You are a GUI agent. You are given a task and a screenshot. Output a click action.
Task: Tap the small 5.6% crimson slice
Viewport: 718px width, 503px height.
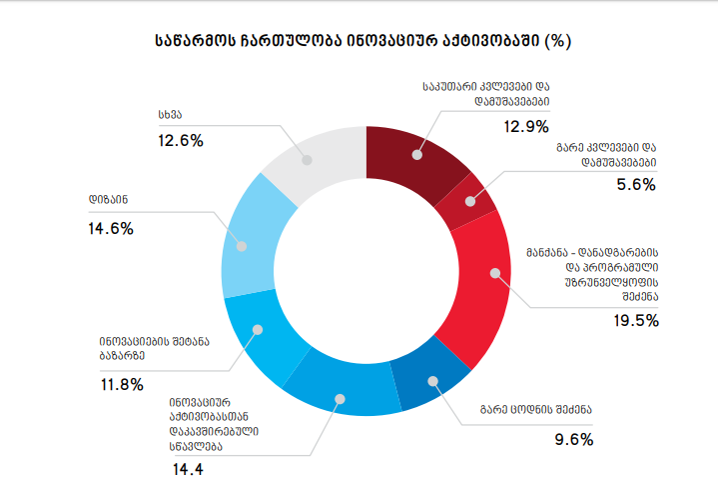click(x=472, y=200)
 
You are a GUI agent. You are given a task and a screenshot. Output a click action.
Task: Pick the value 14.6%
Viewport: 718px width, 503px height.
click(x=110, y=228)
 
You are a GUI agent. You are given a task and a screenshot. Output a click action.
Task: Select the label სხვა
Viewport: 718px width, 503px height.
click(x=170, y=113)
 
